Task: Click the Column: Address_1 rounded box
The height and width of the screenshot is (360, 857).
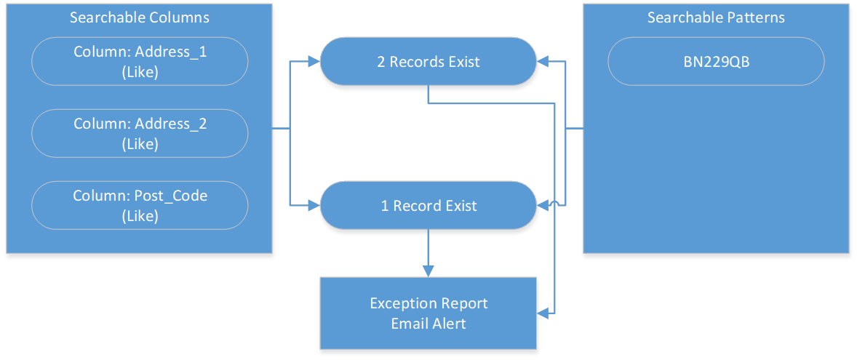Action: [x=140, y=62]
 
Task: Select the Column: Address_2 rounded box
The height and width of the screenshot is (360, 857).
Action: [x=140, y=133]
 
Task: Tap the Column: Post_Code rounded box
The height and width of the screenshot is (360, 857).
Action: [x=140, y=205]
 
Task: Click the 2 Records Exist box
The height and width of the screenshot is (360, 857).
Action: [x=428, y=62]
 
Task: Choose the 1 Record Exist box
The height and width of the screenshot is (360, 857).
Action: [x=428, y=206]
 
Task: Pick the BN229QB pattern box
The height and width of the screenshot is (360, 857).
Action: [x=715, y=62]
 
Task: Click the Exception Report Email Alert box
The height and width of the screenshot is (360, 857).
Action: [x=428, y=313]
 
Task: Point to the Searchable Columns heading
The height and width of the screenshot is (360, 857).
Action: [x=140, y=17]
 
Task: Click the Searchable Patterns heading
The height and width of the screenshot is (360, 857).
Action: [x=716, y=17]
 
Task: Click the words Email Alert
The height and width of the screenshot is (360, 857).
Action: [x=428, y=324]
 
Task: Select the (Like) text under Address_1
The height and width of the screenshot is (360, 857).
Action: [x=140, y=72]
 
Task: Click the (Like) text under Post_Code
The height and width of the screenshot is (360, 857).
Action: [x=140, y=216]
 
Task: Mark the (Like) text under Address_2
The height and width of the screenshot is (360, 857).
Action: [x=140, y=144]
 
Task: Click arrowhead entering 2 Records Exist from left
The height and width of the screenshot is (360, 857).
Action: [x=314, y=62]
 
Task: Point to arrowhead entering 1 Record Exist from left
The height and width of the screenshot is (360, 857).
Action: [x=314, y=206]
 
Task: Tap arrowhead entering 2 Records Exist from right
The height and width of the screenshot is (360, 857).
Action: [x=543, y=62]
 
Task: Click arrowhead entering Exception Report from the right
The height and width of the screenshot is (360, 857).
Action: [x=543, y=313]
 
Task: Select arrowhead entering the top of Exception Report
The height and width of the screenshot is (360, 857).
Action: [x=428, y=271]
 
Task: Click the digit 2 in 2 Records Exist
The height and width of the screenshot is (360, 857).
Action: [x=380, y=62]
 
